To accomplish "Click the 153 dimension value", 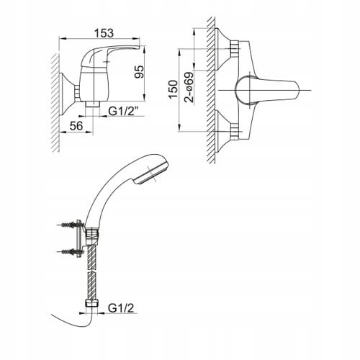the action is (104, 33).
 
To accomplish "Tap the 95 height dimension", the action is (139, 72).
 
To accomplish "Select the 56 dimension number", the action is (76, 126).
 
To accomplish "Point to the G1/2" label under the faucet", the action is (123, 112).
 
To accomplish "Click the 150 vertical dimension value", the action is (173, 89).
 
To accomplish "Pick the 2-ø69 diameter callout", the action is (189, 87).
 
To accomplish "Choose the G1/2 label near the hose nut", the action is (121, 308).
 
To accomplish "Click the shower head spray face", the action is (152, 174).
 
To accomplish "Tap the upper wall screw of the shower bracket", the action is (71, 225).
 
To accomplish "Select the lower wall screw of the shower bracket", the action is (71, 252).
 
